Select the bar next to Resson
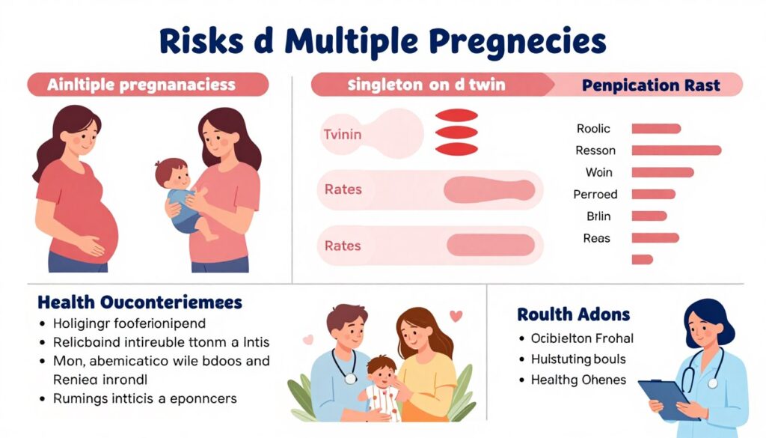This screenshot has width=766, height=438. [x=676, y=150]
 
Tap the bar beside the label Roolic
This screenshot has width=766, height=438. [x=656, y=129]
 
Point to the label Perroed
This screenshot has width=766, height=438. [x=595, y=195]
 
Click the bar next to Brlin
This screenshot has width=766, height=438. [x=649, y=216]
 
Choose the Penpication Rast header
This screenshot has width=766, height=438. [x=651, y=85]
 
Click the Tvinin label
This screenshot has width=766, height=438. [x=342, y=135]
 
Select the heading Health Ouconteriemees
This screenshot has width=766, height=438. [x=140, y=302]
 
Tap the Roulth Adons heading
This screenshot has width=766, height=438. [x=573, y=314]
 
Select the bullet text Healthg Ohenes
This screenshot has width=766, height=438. [x=578, y=380]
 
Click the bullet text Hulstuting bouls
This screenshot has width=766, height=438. [x=578, y=359]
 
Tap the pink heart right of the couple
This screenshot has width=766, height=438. [x=456, y=317]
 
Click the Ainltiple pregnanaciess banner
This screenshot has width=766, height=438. [x=147, y=85]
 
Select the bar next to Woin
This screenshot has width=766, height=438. [x=663, y=172]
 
